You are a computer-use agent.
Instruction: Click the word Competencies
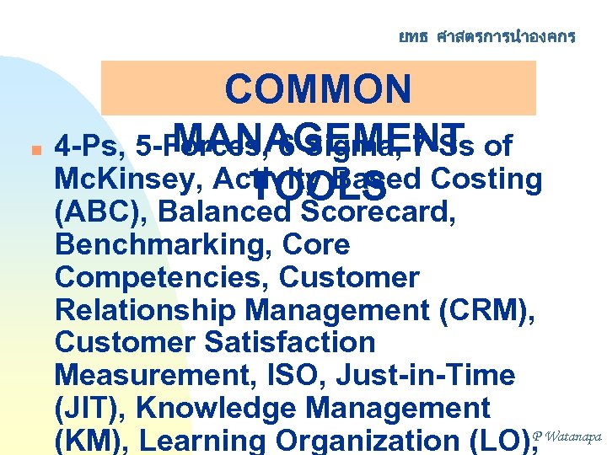[x=159, y=278]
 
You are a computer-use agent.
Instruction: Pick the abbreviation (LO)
[x=497, y=440]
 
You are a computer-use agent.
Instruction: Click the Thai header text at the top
[x=487, y=36]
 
